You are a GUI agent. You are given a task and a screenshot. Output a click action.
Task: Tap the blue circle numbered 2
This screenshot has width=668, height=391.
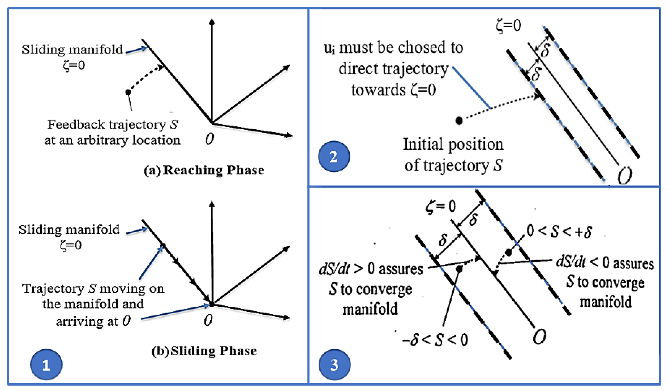(334, 157)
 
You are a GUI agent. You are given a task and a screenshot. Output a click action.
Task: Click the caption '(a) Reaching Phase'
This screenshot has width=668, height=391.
(204, 170)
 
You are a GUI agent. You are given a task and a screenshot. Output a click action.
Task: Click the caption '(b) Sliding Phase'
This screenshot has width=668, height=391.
(204, 351)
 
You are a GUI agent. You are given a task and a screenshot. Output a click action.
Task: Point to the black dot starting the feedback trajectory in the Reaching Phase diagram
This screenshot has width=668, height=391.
(128, 92)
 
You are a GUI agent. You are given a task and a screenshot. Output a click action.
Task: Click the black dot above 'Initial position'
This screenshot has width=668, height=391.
(459, 121)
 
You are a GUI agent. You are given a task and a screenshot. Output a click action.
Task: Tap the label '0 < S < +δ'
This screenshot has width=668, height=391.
(559, 231)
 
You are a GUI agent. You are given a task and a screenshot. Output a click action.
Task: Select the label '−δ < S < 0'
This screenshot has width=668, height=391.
(435, 340)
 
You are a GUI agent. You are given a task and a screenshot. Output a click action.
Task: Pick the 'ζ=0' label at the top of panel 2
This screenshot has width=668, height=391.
(508, 26)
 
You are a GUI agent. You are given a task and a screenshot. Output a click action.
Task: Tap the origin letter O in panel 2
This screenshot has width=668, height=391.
(625, 175)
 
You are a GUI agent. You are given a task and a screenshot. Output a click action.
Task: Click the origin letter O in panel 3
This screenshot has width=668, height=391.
(539, 337)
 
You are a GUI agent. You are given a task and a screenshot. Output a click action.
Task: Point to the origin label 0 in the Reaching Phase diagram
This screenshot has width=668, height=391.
(209, 139)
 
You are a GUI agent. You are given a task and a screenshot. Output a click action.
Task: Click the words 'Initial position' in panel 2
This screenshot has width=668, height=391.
(453, 145)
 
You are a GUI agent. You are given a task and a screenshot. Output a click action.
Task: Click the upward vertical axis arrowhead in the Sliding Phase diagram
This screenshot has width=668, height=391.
(212, 204)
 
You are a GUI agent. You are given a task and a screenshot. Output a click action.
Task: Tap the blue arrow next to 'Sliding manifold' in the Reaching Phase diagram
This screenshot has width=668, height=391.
(137, 50)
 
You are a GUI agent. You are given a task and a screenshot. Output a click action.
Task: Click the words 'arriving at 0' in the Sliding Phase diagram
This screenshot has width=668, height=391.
(93, 321)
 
